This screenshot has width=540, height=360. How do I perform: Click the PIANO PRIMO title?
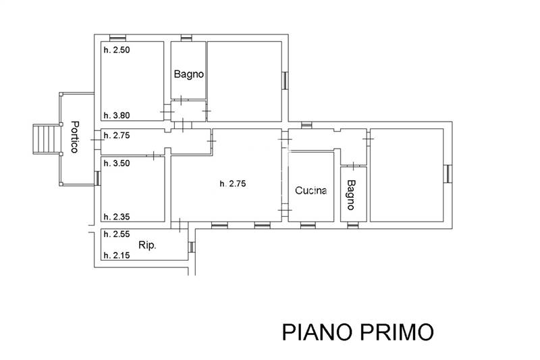(358, 332)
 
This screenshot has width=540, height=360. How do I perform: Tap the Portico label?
(75, 136)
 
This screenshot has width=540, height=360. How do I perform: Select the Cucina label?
(311, 190)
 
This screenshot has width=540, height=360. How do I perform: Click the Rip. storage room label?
(147, 245)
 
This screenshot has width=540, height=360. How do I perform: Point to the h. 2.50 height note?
(117, 49)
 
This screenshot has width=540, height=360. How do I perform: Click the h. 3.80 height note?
(117, 115)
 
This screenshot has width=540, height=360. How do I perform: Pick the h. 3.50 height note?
(117, 163)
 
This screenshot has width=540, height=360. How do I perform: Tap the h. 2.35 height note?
(117, 217)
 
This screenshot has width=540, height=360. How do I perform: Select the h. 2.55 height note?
(117, 234)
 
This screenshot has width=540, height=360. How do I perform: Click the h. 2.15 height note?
(117, 255)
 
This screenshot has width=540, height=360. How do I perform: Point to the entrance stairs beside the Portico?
(46, 139)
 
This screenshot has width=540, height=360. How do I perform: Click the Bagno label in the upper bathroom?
(189, 74)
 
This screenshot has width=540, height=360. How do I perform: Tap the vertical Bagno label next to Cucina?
(350, 195)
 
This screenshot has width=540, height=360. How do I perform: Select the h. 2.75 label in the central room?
(233, 184)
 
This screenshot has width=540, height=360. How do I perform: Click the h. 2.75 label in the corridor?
(117, 135)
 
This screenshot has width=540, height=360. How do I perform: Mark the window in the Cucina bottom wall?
(308, 226)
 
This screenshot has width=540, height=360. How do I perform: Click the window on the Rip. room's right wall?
(192, 247)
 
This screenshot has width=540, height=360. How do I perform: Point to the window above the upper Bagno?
(186, 38)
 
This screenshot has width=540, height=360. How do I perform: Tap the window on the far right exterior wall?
(448, 174)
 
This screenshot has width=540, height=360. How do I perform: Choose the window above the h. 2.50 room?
(117, 38)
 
